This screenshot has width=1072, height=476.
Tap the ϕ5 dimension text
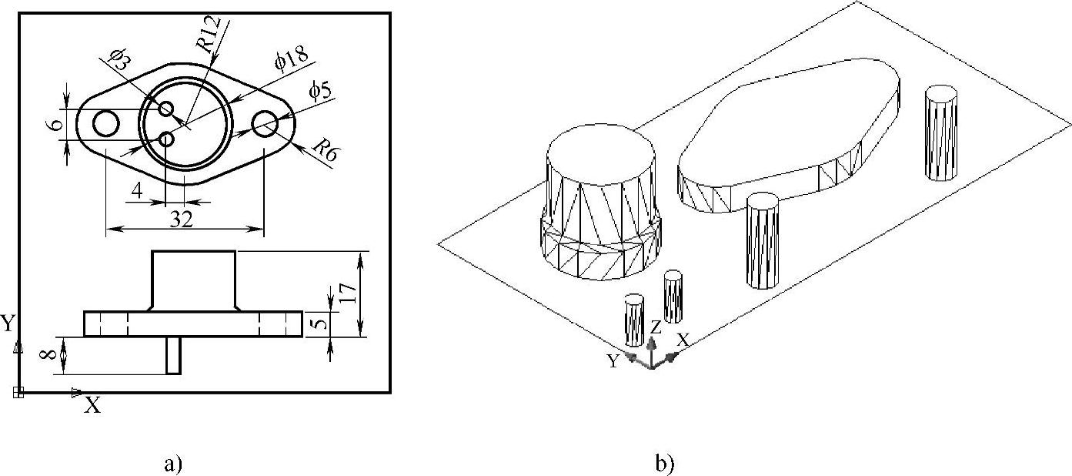tap(320, 91)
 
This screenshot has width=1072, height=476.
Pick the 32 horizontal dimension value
tap(182, 220)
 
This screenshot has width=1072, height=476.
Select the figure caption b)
tap(664, 464)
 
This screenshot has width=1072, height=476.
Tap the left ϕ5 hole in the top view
tap(105, 122)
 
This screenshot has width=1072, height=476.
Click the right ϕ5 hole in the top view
tap(265, 122)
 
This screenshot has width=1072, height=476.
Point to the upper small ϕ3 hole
tap(166, 109)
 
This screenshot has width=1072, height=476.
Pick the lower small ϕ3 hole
tap(166, 139)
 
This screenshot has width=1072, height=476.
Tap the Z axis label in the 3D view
tap(656, 327)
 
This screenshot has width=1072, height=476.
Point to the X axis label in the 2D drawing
tap(92, 406)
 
